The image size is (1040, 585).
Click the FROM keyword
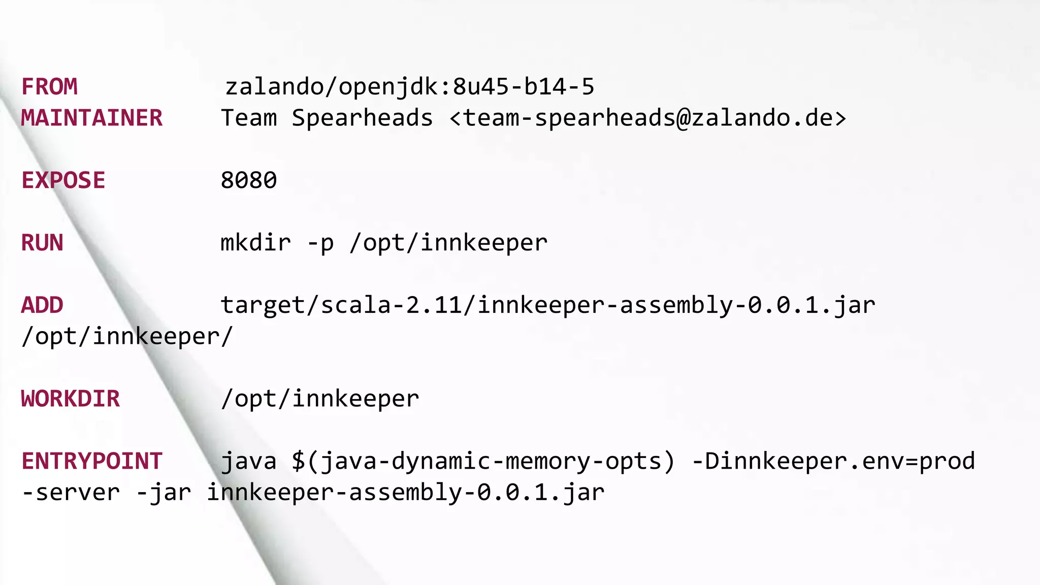(49, 87)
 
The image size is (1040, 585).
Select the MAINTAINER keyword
(91, 118)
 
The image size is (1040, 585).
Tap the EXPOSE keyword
(63, 181)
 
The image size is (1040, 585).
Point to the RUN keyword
(42, 243)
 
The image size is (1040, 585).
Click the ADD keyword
(42, 305)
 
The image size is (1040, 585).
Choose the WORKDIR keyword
(71, 399)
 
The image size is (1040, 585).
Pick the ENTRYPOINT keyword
(91, 461)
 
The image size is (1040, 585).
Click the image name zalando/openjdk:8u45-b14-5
(409, 87)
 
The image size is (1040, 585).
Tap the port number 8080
(249, 181)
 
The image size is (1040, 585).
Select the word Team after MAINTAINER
(249, 118)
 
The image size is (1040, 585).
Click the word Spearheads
(362, 118)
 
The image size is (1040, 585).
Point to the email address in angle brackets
(648, 118)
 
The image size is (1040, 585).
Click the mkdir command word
(255, 243)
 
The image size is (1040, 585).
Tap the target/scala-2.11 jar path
(548, 305)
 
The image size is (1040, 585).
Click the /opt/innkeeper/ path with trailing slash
(127, 337)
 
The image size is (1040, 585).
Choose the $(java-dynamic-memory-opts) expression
(483, 462)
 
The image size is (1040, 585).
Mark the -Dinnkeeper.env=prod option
(833, 461)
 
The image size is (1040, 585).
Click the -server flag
(71, 493)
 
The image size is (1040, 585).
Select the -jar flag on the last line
(164, 493)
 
